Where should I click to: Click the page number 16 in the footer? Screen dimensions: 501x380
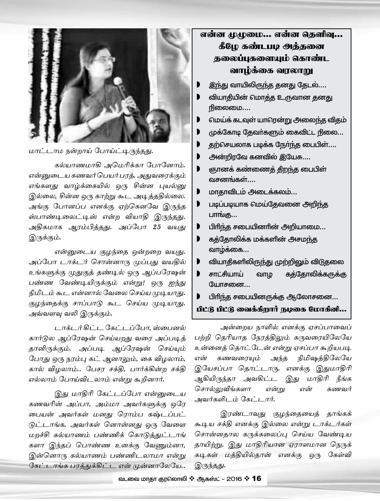[x=257, y=478]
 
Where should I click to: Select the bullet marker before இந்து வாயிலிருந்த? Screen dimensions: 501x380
[x=198, y=85]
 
